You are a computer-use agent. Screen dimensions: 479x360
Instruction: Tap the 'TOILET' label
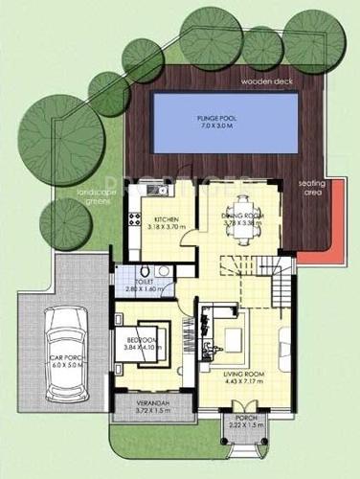(146, 282)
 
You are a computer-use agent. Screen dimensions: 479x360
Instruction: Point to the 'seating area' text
(312, 186)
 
